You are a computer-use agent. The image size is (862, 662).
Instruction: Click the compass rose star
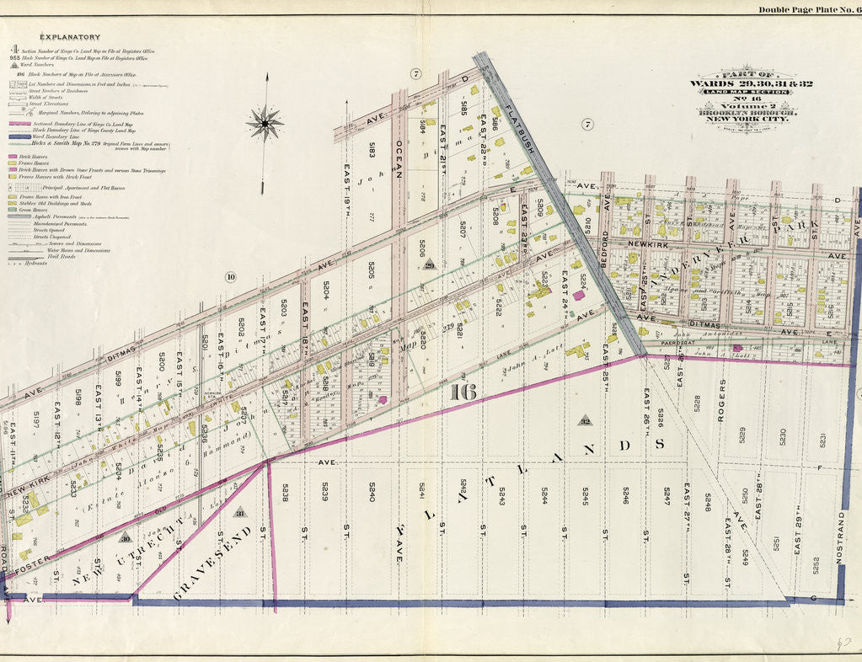click(x=265, y=124)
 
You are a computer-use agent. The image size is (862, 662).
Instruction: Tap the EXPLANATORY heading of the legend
click(x=71, y=37)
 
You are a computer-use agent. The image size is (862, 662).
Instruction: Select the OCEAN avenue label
click(x=399, y=157)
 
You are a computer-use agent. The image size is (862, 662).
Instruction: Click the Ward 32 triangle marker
click(x=584, y=419)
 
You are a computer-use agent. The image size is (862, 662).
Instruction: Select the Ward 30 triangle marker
click(x=126, y=538)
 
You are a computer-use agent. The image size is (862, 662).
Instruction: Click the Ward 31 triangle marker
click(x=239, y=512)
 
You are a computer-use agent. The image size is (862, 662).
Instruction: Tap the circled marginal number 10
click(x=229, y=277)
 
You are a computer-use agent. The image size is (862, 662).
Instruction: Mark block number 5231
click(x=822, y=440)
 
